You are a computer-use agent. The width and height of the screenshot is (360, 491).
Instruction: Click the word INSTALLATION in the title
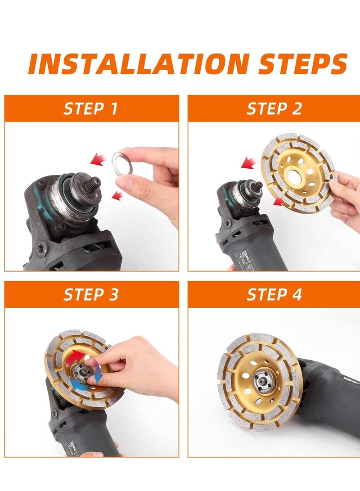(139, 64)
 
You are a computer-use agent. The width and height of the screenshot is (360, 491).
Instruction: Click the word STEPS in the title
(303, 64)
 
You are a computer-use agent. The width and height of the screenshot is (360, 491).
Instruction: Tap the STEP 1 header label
(90, 108)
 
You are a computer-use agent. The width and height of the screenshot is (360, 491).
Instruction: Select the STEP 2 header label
(274, 108)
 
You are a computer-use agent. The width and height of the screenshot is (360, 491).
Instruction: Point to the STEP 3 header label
(91, 294)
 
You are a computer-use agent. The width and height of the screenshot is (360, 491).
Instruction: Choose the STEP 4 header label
(274, 294)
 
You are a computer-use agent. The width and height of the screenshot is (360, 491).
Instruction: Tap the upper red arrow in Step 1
(98, 159)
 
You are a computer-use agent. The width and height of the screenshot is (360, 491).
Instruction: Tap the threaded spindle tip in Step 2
(258, 186)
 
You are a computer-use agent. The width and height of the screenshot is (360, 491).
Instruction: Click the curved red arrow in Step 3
(75, 356)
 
